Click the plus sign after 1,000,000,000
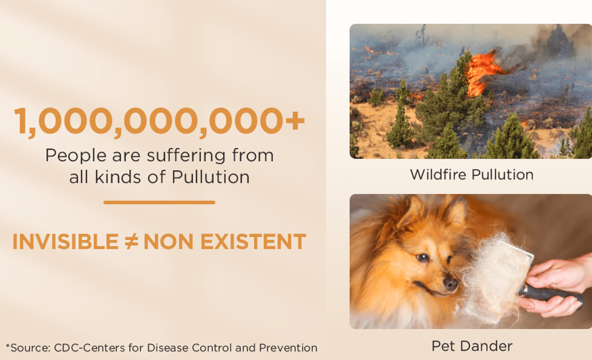295,121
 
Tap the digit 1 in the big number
20,121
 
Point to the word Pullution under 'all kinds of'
211,177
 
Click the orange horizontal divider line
159,202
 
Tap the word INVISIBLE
66,242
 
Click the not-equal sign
131,242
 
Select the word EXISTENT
253,242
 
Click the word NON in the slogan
169,242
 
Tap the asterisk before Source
8,345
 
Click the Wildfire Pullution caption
471,175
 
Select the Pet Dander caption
472,346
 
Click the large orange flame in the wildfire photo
481,72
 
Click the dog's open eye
422,257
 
